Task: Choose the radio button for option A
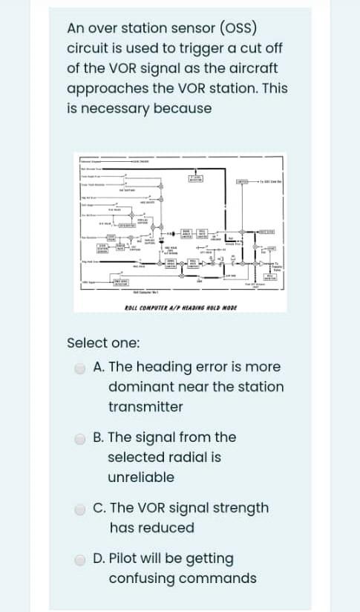80,368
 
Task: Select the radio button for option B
80,437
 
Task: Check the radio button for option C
80,509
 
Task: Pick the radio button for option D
80,559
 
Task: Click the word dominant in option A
140,387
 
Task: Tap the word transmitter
145,407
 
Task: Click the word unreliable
141,477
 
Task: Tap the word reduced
169,528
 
